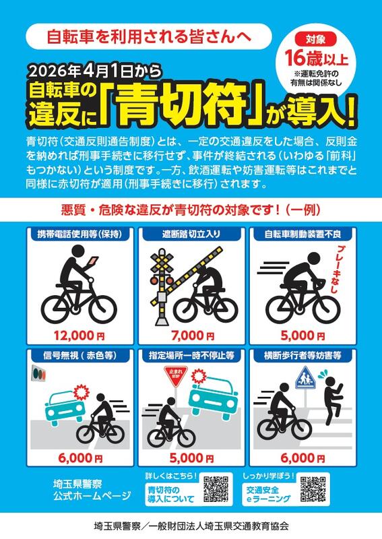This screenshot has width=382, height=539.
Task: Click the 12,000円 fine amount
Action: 79,335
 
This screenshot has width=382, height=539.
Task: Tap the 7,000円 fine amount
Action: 192,335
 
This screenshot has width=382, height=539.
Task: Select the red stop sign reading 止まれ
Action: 176,374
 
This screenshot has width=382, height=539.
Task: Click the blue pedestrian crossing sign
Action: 305,378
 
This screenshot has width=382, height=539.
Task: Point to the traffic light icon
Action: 38,373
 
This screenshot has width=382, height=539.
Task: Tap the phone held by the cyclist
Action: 94,261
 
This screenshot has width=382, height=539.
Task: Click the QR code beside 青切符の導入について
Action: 216,489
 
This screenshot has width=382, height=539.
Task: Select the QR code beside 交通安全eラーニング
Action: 313,489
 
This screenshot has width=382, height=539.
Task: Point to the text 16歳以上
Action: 317,58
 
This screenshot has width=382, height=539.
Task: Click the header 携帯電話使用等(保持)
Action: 79,234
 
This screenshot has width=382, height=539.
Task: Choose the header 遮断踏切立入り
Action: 191,234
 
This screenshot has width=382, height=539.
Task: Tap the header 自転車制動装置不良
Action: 303,234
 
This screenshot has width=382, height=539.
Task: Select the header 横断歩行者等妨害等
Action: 303,356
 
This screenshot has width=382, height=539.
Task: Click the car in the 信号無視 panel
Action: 65,408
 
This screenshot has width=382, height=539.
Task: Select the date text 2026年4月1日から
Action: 95,71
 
